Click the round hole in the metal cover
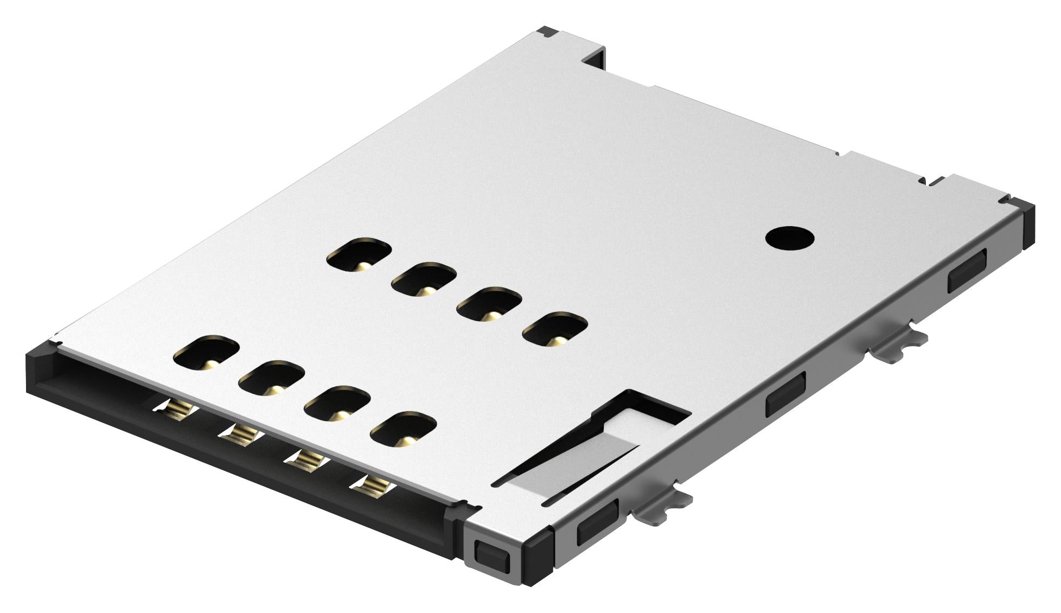pyautogui.click(x=790, y=238)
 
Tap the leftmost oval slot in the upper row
pyautogui.click(x=359, y=253)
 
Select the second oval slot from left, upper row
pyautogui.click(x=424, y=279)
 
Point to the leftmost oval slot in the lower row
pyautogui.click(x=207, y=352)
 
